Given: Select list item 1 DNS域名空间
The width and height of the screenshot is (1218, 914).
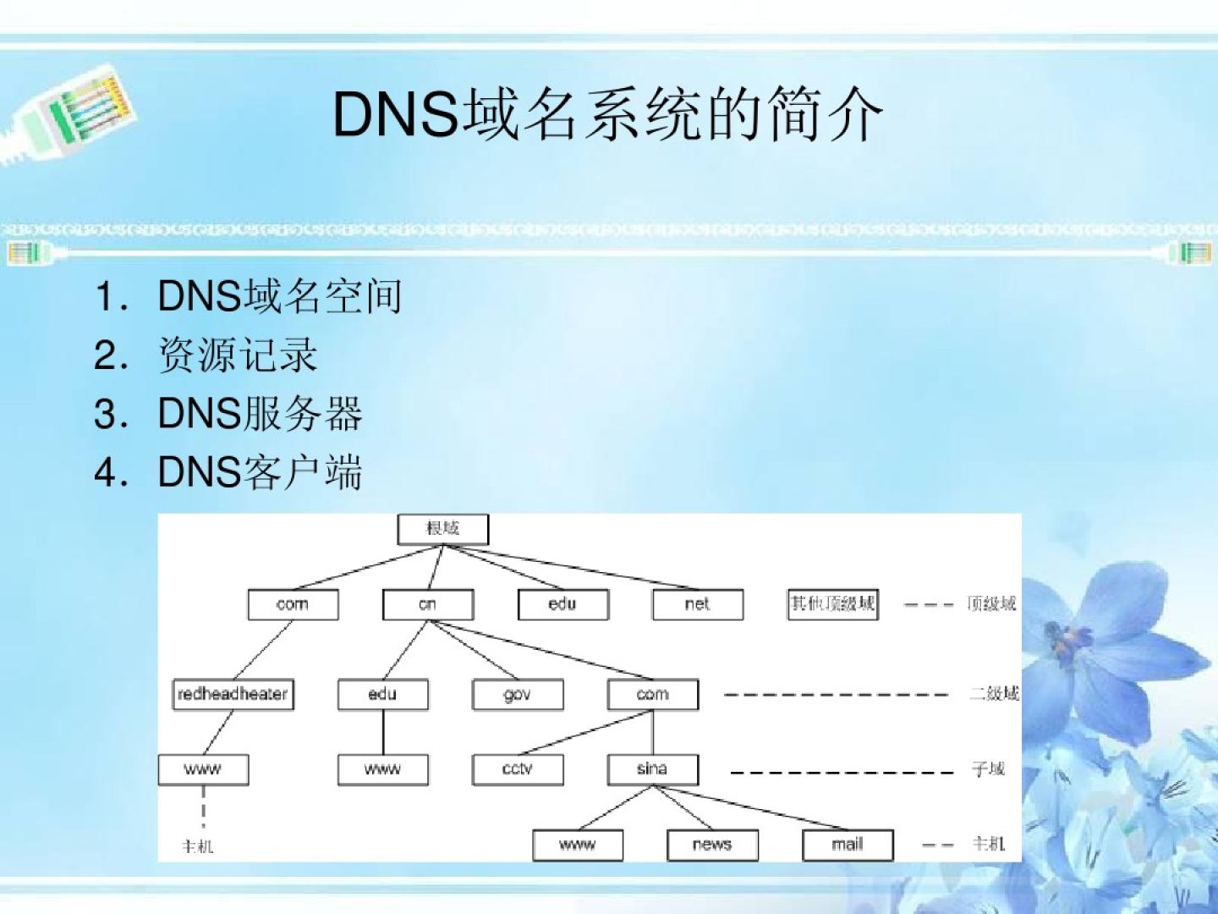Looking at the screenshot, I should pos(279,296).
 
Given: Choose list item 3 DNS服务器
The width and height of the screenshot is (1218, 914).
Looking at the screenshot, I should pos(260,413).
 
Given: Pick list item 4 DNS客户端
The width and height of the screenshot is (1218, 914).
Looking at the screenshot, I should pos(260,471).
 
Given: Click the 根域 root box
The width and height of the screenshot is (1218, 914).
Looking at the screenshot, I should pos(442,529).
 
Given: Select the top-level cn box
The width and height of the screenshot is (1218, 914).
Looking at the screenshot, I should pos(427,604).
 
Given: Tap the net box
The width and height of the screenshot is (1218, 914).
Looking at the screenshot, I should pos(698,604).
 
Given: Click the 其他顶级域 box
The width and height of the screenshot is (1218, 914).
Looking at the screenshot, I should pos(832,604).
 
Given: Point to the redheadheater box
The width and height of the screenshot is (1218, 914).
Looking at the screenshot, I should pos(233,694).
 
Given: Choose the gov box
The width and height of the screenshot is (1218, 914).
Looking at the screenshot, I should pos(517,695).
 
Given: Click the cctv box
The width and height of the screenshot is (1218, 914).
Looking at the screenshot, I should pos(517,769).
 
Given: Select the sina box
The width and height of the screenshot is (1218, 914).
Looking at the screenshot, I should pos(652,769).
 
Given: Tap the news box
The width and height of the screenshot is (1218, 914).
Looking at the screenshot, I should pos(712,845).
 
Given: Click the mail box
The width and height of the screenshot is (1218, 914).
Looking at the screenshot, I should pos(847,845).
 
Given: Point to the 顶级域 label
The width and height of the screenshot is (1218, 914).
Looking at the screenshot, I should pos(990,604).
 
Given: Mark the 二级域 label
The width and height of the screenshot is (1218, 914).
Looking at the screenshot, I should pos(994,694).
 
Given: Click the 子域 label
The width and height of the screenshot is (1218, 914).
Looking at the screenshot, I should pos(988,769).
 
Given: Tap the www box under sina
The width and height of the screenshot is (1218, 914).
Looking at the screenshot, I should pos(577,845).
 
